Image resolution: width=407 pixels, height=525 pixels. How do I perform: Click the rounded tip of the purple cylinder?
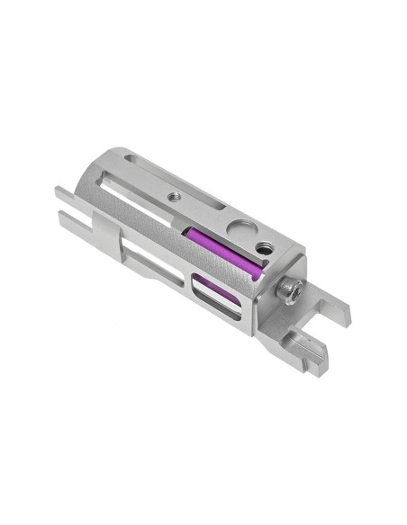[258, 271]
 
